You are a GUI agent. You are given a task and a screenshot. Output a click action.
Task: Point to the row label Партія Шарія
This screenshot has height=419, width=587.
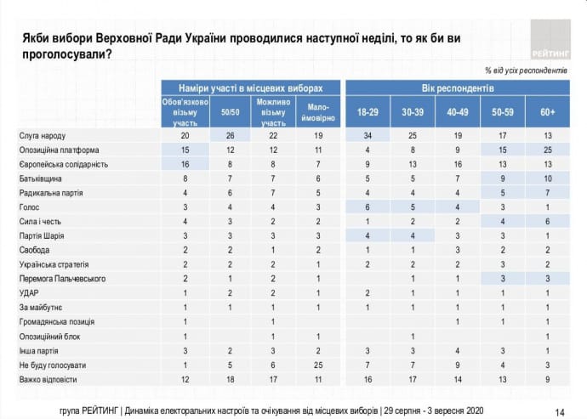pyautogui.click(x=44, y=234)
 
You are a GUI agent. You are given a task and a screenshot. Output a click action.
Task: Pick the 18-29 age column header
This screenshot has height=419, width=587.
pyautogui.click(x=368, y=111)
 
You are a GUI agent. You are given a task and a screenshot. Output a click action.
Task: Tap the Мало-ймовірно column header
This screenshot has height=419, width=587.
pyautogui.click(x=316, y=111)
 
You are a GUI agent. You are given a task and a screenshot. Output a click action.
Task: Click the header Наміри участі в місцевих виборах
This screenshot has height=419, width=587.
pyautogui.click(x=251, y=88)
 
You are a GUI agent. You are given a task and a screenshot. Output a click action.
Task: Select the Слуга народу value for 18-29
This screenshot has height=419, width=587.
pyautogui.click(x=368, y=135)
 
